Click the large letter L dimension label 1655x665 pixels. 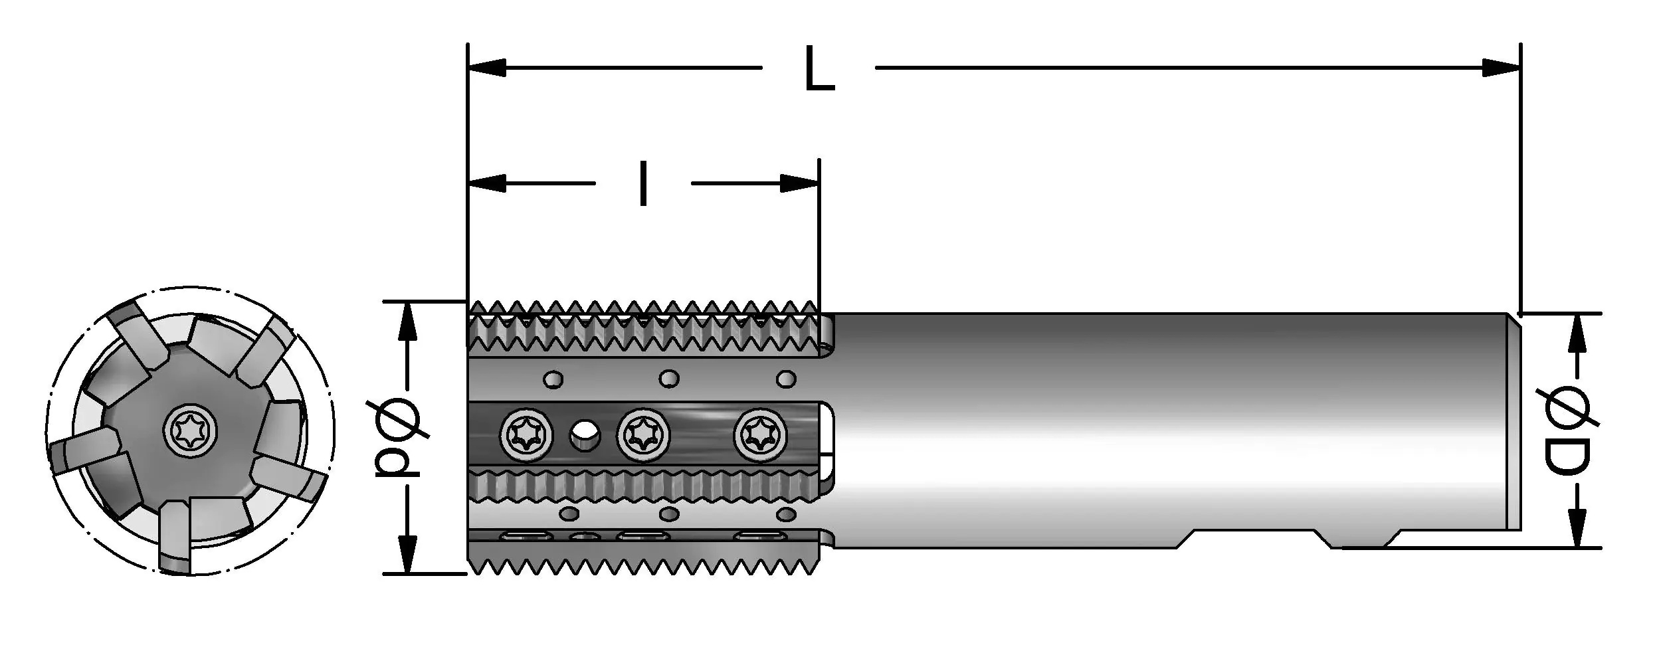[819, 68]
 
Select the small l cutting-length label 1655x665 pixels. [642, 183]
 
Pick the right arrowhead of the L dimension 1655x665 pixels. [1503, 68]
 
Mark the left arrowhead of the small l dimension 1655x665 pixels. [486, 183]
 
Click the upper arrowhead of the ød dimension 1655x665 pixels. [407, 322]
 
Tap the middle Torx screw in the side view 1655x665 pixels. [643, 435]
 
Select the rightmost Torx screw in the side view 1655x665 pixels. [760, 435]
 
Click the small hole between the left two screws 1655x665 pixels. [584, 435]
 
